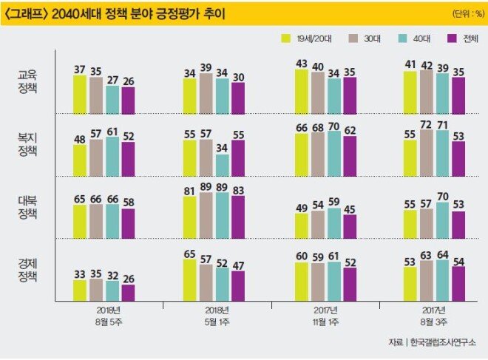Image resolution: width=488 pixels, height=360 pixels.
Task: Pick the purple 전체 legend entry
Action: (453, 38)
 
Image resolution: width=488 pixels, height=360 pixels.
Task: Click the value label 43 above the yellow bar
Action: (302, 64)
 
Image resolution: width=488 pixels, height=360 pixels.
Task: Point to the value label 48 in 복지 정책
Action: (80, 139)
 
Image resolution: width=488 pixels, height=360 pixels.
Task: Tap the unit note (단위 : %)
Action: (464, 14)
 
